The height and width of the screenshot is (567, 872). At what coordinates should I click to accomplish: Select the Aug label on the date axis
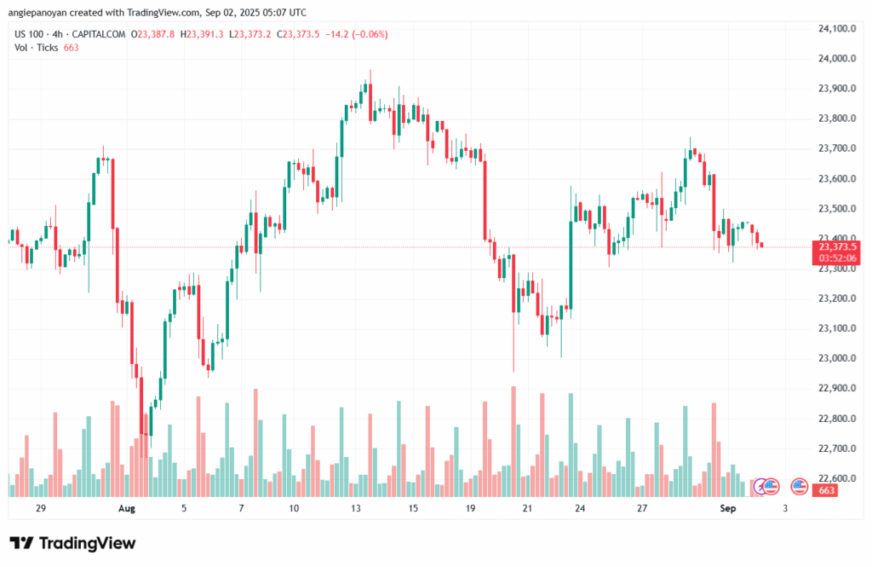126,508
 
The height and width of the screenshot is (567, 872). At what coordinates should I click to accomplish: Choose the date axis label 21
527,508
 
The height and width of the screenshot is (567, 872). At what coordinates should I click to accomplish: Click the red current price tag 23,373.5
837,246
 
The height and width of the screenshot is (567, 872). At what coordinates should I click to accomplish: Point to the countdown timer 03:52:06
837,257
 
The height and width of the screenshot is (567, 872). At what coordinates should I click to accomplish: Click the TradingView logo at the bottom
72,543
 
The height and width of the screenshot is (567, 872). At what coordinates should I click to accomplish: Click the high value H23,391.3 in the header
204,34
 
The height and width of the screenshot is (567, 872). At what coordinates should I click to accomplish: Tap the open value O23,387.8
154,34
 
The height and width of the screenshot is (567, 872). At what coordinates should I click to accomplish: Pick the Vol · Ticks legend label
36,48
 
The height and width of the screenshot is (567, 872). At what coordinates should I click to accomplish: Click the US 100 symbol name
31,34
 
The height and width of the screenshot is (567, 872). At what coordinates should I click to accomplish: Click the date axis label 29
41,508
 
